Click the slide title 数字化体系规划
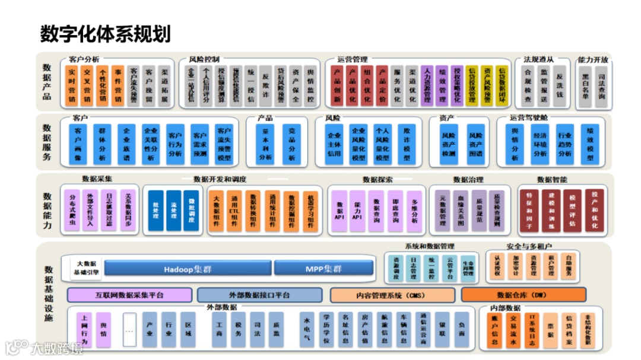click(x=105, y=34)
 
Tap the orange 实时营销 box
click(x=72, y=86)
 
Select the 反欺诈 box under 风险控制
click(x=266, y=86)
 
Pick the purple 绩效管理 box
click(x=442, y=86)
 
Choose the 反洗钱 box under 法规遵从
click(x=559, y=86)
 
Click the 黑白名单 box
click(x=586, y=86)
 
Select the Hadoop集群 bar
click(x=188, y=269)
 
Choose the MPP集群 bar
click(x=323, y=269)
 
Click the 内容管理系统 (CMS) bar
click(x=392, y=295)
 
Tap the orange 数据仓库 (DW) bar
click(x=522, y=295)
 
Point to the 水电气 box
click(x=307, y=329)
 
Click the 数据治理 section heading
click(x=468, y=179)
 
